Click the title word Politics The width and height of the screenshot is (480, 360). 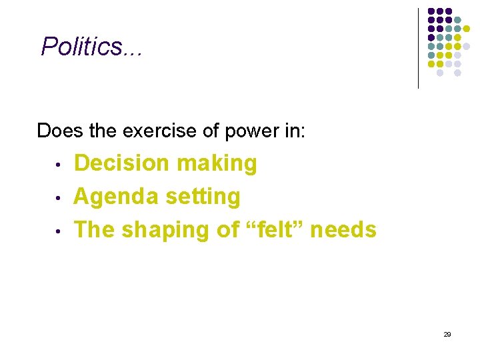click(x=82, y=47)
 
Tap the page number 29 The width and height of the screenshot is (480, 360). click(x=447, y=334)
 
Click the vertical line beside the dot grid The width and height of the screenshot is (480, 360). click(x=418, y=48)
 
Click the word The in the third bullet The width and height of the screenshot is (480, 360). click(x=93, y=230)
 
